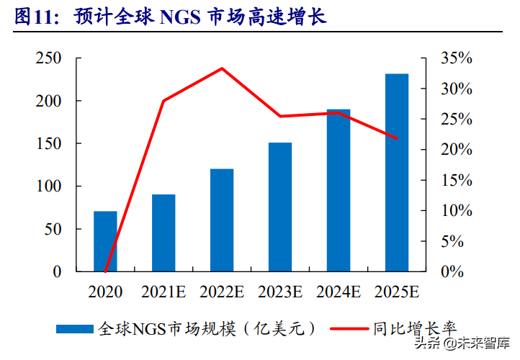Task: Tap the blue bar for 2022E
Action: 222,220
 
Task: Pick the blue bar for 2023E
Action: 280,207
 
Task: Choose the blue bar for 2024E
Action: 339,191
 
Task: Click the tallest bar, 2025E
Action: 397,173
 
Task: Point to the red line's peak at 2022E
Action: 222,68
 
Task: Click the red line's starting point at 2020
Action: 105,271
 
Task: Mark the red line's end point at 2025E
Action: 397,138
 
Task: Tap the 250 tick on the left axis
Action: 48,58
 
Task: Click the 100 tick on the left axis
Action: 48,186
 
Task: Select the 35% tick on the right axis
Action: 456,58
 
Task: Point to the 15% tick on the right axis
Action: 456,181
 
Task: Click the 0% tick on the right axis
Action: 452,272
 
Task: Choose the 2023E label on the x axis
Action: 280,292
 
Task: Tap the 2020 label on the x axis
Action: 105,292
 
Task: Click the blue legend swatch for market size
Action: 75,329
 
